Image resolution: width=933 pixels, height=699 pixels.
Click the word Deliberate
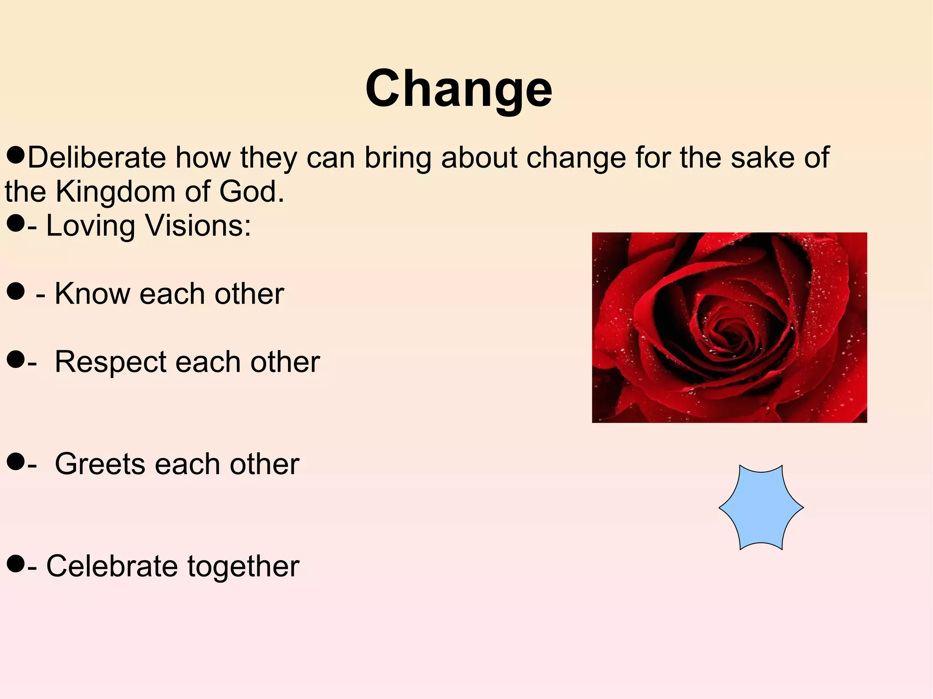click(x=96, y=158)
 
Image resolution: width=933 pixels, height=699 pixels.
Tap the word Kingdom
click(x=115, y=191)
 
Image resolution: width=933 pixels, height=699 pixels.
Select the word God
click(x=251, y=191)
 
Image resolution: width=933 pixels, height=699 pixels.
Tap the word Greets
click(x=100, y=464)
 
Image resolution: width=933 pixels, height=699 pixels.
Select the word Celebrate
click(x=112, y=566)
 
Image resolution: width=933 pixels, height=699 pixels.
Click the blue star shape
click(x=761, y=507)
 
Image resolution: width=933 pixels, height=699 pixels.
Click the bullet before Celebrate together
click(x=15, y=564)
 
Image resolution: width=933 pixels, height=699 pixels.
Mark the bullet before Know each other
click(x=15, y=291)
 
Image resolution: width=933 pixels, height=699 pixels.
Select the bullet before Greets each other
click(x=15, y=462)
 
